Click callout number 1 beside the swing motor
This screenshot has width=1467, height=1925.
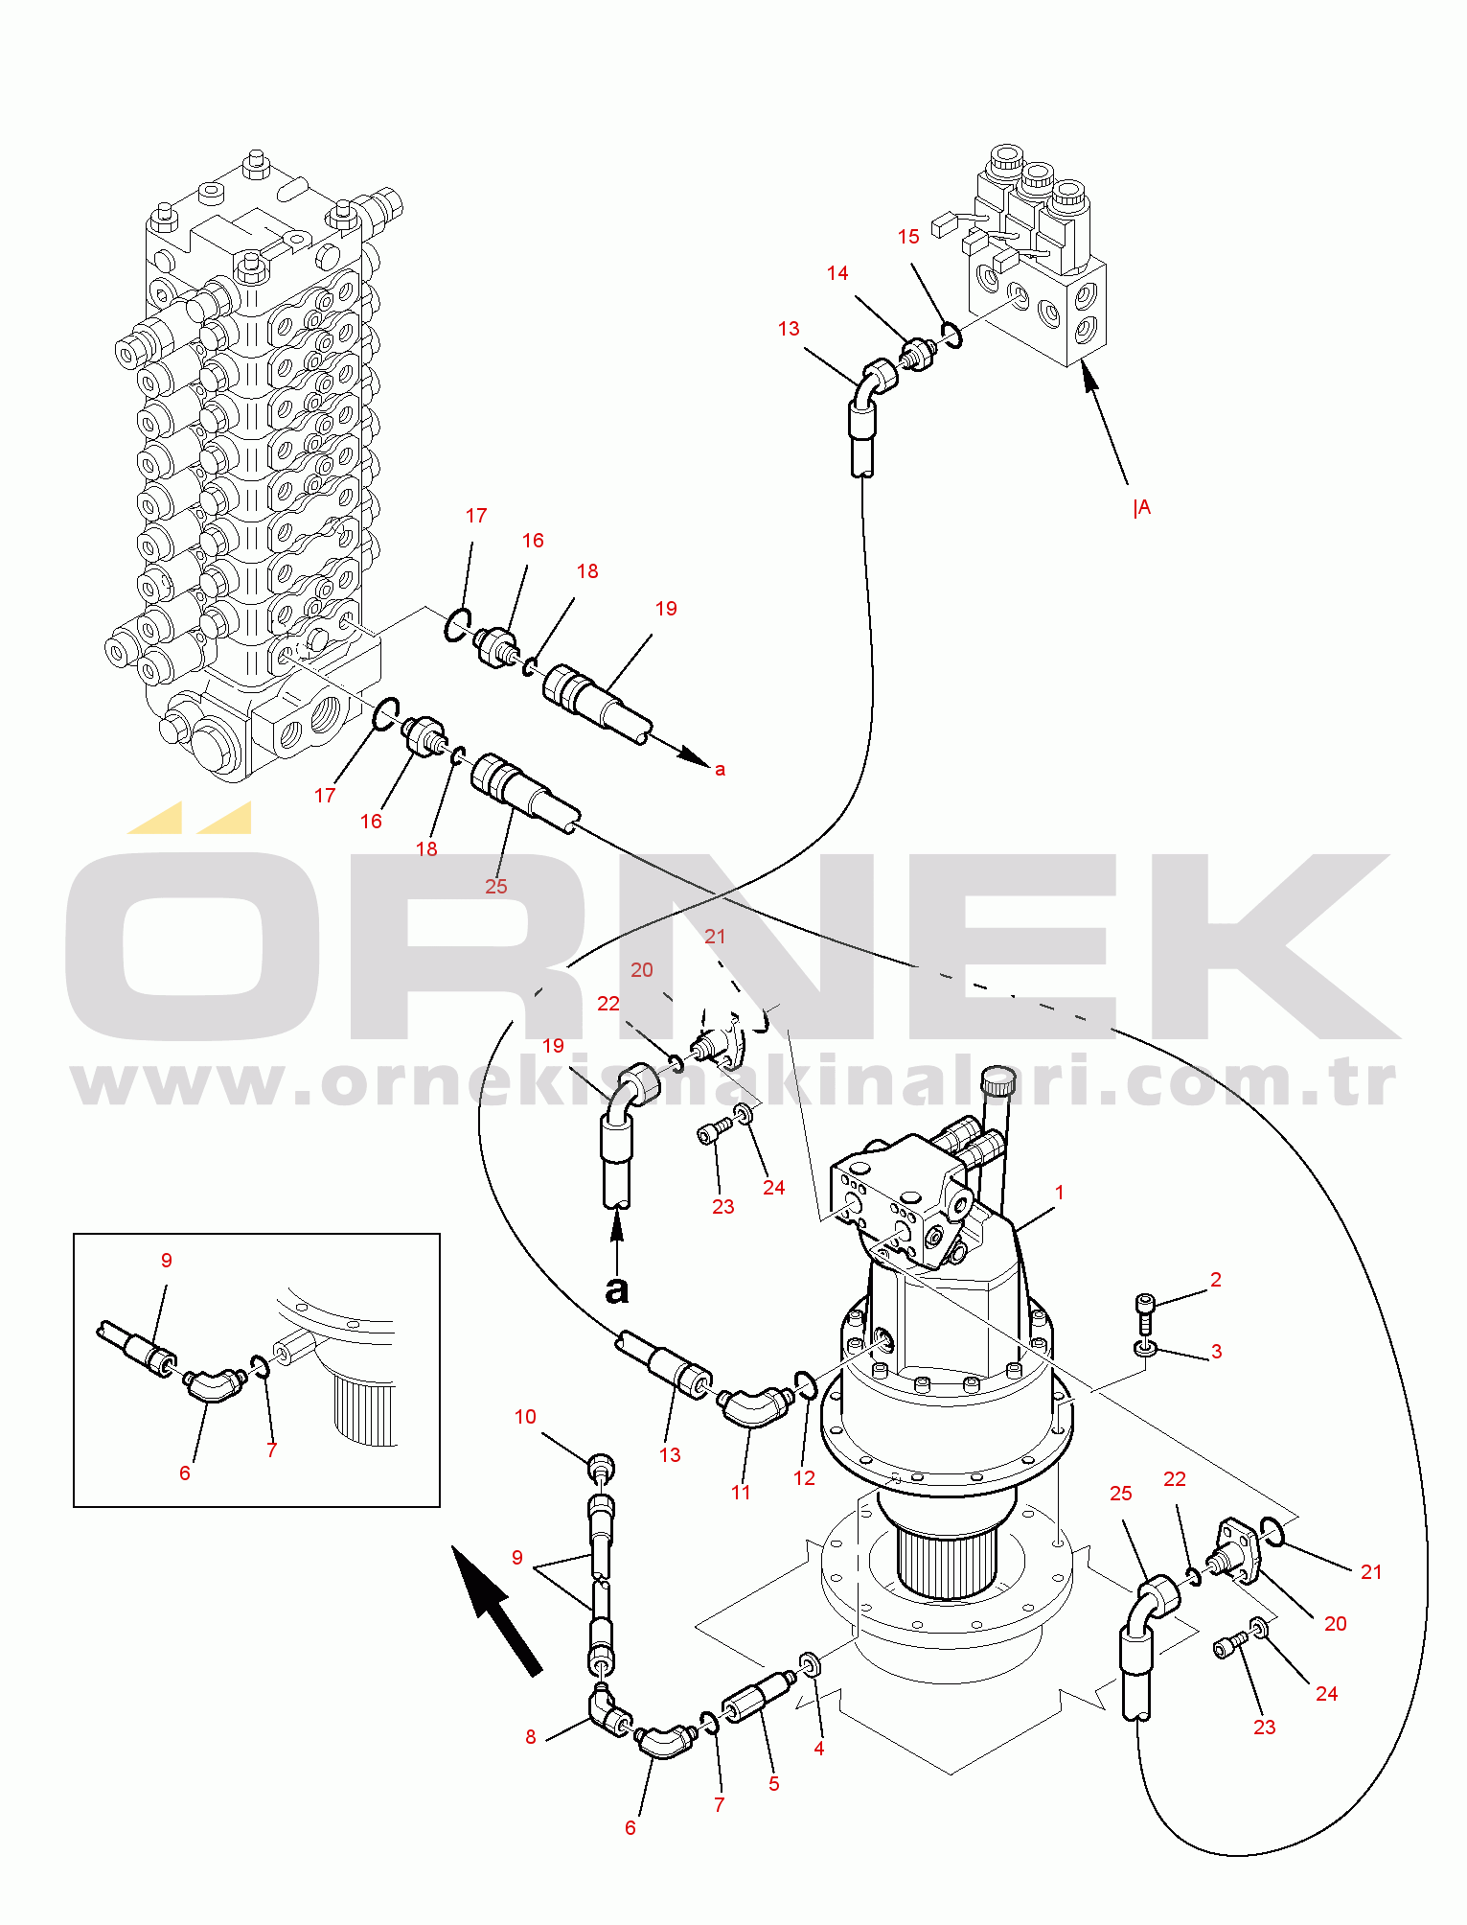point(1059,1193)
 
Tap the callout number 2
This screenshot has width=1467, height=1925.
point(1216,1280)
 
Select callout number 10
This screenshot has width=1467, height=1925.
point(525,1417)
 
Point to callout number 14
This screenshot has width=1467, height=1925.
point(837,273)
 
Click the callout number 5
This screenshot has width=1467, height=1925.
point(774,1784)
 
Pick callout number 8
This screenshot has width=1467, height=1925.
point(531,1737)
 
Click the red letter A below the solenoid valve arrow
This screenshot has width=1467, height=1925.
point(1143,507)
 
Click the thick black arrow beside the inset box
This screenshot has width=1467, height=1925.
point(496,1611)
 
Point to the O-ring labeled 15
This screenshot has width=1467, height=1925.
point(951,334)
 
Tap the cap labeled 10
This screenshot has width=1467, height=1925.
point(601,1466)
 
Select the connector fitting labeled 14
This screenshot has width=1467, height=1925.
point(919,354)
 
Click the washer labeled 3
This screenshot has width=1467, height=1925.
point(1145,1349)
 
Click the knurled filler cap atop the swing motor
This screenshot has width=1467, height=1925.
point(997,1080)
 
